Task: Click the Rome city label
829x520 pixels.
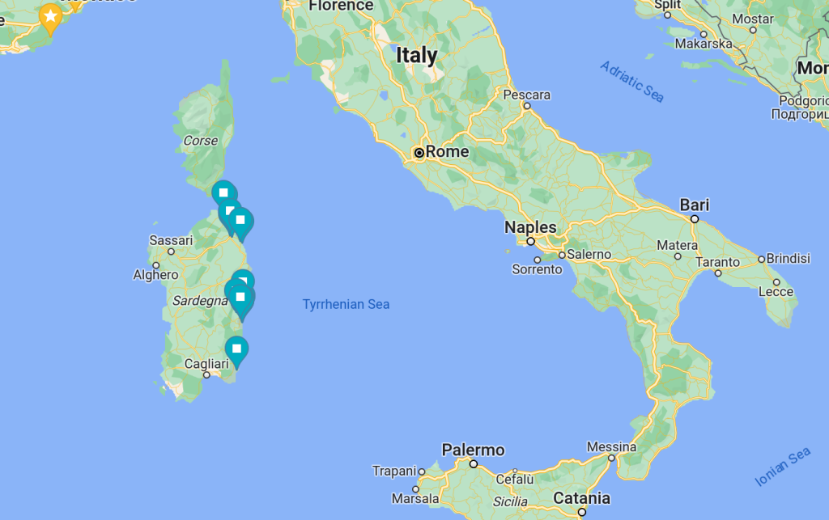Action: (x=447, y=152)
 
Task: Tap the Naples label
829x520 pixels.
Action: (x=530, y=227)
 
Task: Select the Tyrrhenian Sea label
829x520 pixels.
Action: (x=346, y=305)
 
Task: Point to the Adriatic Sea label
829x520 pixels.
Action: (x=632, y=82)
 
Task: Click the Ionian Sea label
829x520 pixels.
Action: (x=783, y=467)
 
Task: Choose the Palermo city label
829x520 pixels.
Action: (x=473, y=450)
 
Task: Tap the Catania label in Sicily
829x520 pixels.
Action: (x=581, y=497)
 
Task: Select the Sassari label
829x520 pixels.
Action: (x=172, y=240)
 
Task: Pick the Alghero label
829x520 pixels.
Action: (x=155, y=275)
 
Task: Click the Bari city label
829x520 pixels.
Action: (x=695, y=205)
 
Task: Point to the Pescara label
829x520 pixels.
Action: (x=527, y=95)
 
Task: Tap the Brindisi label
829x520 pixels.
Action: (x=789, y=259)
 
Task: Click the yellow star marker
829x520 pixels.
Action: (x=50, y=16)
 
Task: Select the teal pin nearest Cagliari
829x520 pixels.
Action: (x=236, y=350)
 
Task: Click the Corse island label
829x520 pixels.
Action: (x=201, y=141)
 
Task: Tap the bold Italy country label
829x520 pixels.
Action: (x=416, y=56)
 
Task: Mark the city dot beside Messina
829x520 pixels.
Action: (x=612, y=458)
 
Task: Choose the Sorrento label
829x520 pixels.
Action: (x=537, y=269)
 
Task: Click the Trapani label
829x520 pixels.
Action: (x=393, y=471)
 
